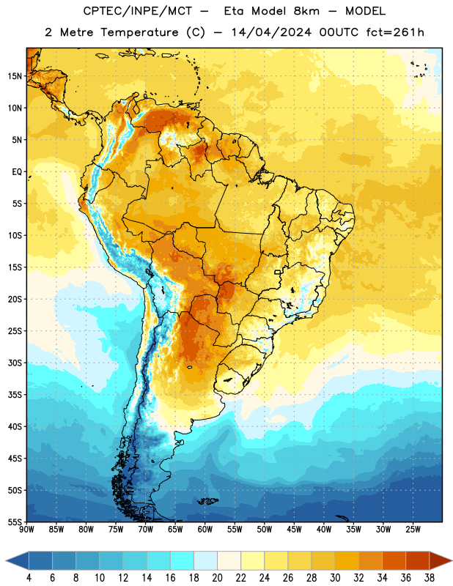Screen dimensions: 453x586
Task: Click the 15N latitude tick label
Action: click(15, 76)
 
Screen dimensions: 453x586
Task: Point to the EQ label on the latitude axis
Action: click(17, 172)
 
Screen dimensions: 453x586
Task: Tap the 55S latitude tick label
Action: click(15, 522)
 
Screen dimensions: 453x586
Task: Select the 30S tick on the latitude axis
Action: click(15, 363)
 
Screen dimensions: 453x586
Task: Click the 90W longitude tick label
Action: click(27, 529)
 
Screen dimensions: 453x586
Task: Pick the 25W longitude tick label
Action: click(413, 529)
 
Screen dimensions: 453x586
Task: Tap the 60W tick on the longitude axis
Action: click(205, 529)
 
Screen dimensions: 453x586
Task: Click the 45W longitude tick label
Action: click(294, 529)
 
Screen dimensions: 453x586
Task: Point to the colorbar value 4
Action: click(29, 578)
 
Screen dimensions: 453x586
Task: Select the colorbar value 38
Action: click(430, 578)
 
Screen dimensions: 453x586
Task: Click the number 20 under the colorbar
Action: click(217, 578)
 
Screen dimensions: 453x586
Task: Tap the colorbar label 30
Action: click(335, 578)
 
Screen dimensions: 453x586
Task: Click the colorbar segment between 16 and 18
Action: click(182, 560)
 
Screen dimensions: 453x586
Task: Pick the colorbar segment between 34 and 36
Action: click(394, 560)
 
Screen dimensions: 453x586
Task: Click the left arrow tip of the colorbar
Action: click(6, 560)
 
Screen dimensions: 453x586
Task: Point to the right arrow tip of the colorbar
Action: click(452, 560)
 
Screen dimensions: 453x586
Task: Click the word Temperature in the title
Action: click(139, 32)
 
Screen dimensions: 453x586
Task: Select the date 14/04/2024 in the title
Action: click(271, 32)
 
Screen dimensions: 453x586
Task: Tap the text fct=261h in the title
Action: click(395, 32)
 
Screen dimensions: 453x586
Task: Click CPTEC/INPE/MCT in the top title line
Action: click(137, 11)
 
